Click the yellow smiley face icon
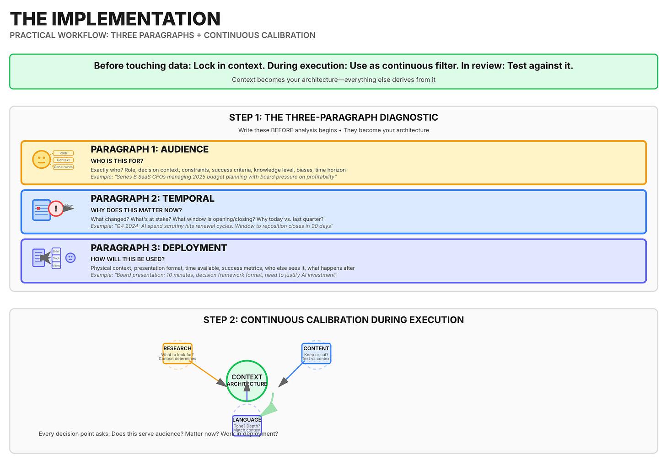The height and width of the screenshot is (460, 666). tap(41, 160)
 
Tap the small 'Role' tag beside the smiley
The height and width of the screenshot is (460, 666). tap(63, 153)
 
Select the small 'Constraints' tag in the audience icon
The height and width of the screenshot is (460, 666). tap(63, 167)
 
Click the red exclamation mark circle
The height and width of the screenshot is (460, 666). tap(56, 209)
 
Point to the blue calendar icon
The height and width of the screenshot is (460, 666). tap(41, 210)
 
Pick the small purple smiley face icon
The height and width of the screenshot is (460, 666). tap(70, 258)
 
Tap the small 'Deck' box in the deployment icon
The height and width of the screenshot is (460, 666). tap(56, 258)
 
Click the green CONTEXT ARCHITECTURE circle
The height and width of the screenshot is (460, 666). tap(247, 380)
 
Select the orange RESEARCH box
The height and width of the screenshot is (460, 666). tap(177, 353)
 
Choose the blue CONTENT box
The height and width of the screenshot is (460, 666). tap(316, 353)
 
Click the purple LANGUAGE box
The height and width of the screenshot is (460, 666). tap(247, 426)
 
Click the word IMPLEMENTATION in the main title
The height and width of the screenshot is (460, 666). tap(136, 19)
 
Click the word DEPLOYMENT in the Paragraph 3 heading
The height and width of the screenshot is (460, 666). tap(194, 248)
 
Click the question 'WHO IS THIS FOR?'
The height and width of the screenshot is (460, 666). tap(117, 161)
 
